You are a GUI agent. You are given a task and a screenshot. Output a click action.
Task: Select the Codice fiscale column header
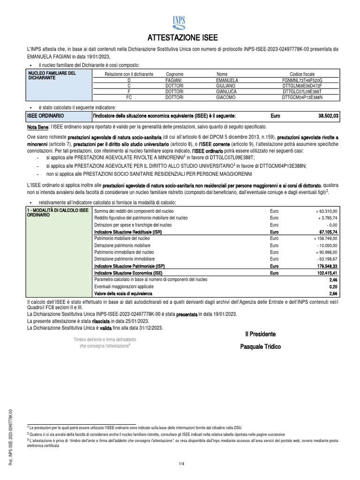[302, 74]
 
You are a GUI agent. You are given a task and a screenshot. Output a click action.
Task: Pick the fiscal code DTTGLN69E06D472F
[302, 86]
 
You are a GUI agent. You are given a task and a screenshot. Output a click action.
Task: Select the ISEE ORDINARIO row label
[46, 115]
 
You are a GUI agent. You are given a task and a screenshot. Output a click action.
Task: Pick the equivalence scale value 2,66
[333, 293]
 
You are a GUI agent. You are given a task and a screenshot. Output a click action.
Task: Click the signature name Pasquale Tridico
[260, 346]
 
